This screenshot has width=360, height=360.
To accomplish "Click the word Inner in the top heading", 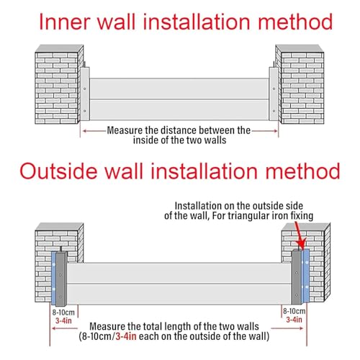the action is pyautogui.click(x=65, y=22).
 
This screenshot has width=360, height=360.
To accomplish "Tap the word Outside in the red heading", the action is pyautogui.click(x=58, y=171).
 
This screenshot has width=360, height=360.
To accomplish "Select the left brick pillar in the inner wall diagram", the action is pyautogui.click(x=59, y=84).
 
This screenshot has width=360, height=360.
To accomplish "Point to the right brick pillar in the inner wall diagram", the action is pyautogui.click(x=300, y=84).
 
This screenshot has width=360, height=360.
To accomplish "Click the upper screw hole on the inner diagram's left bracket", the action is pyautogui.click(x=84, y=89).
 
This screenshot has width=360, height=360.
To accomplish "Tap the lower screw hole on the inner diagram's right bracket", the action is pyautogui.click(x=274, y=111).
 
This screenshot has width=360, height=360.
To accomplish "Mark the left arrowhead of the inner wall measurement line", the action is pyautogui.click(x=84, y=131).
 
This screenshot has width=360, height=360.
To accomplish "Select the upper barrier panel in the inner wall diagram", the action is pyautogui.click(x=179, y=89).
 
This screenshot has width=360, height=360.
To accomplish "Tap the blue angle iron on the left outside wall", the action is pyautogui.click(x=54, y=277).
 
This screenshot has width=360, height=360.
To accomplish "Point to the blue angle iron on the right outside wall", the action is pyautogui.click(x=305, y=276).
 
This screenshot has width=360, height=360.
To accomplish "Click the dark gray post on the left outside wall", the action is pyautogui.click(x=61, y=279).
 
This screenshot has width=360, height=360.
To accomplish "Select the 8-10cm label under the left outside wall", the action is pyautogui.click(x=63, y=312).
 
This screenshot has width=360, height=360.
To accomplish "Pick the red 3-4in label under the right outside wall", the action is pyautogui.click(x=294, y=320).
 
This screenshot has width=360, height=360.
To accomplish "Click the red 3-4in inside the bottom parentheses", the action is pyautogui.click(x=126, y=336).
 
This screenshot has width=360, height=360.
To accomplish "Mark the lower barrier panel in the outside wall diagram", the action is pyautogui.click(x=179, y=294).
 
